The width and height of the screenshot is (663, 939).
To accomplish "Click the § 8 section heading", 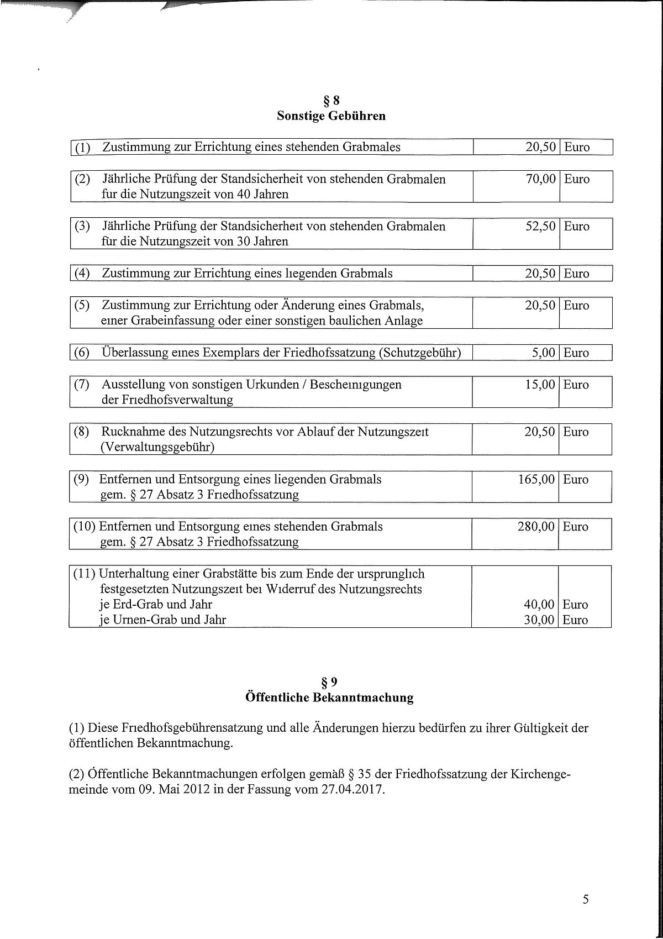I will point(330,101).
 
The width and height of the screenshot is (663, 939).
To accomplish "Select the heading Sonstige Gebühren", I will point(331,116).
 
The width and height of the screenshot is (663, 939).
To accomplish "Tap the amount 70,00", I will point(540,179).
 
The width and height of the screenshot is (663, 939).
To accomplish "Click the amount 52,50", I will point(540,227).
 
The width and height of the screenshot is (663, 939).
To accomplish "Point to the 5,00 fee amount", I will point(543,353).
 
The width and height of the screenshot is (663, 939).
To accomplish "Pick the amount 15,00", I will point(540,385).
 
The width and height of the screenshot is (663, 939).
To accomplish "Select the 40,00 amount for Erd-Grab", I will point(539,605).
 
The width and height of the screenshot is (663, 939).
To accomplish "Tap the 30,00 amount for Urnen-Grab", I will point(539,620).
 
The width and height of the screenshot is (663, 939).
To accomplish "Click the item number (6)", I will point(82,353).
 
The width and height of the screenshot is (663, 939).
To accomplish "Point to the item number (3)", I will point(82,227).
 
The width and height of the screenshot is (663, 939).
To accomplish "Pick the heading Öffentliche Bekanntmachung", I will point(329,697).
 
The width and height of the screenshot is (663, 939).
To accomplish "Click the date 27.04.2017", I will point(351,789).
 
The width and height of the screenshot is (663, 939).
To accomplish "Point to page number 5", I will point(586,900).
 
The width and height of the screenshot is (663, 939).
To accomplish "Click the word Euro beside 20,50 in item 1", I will point(576,148).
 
